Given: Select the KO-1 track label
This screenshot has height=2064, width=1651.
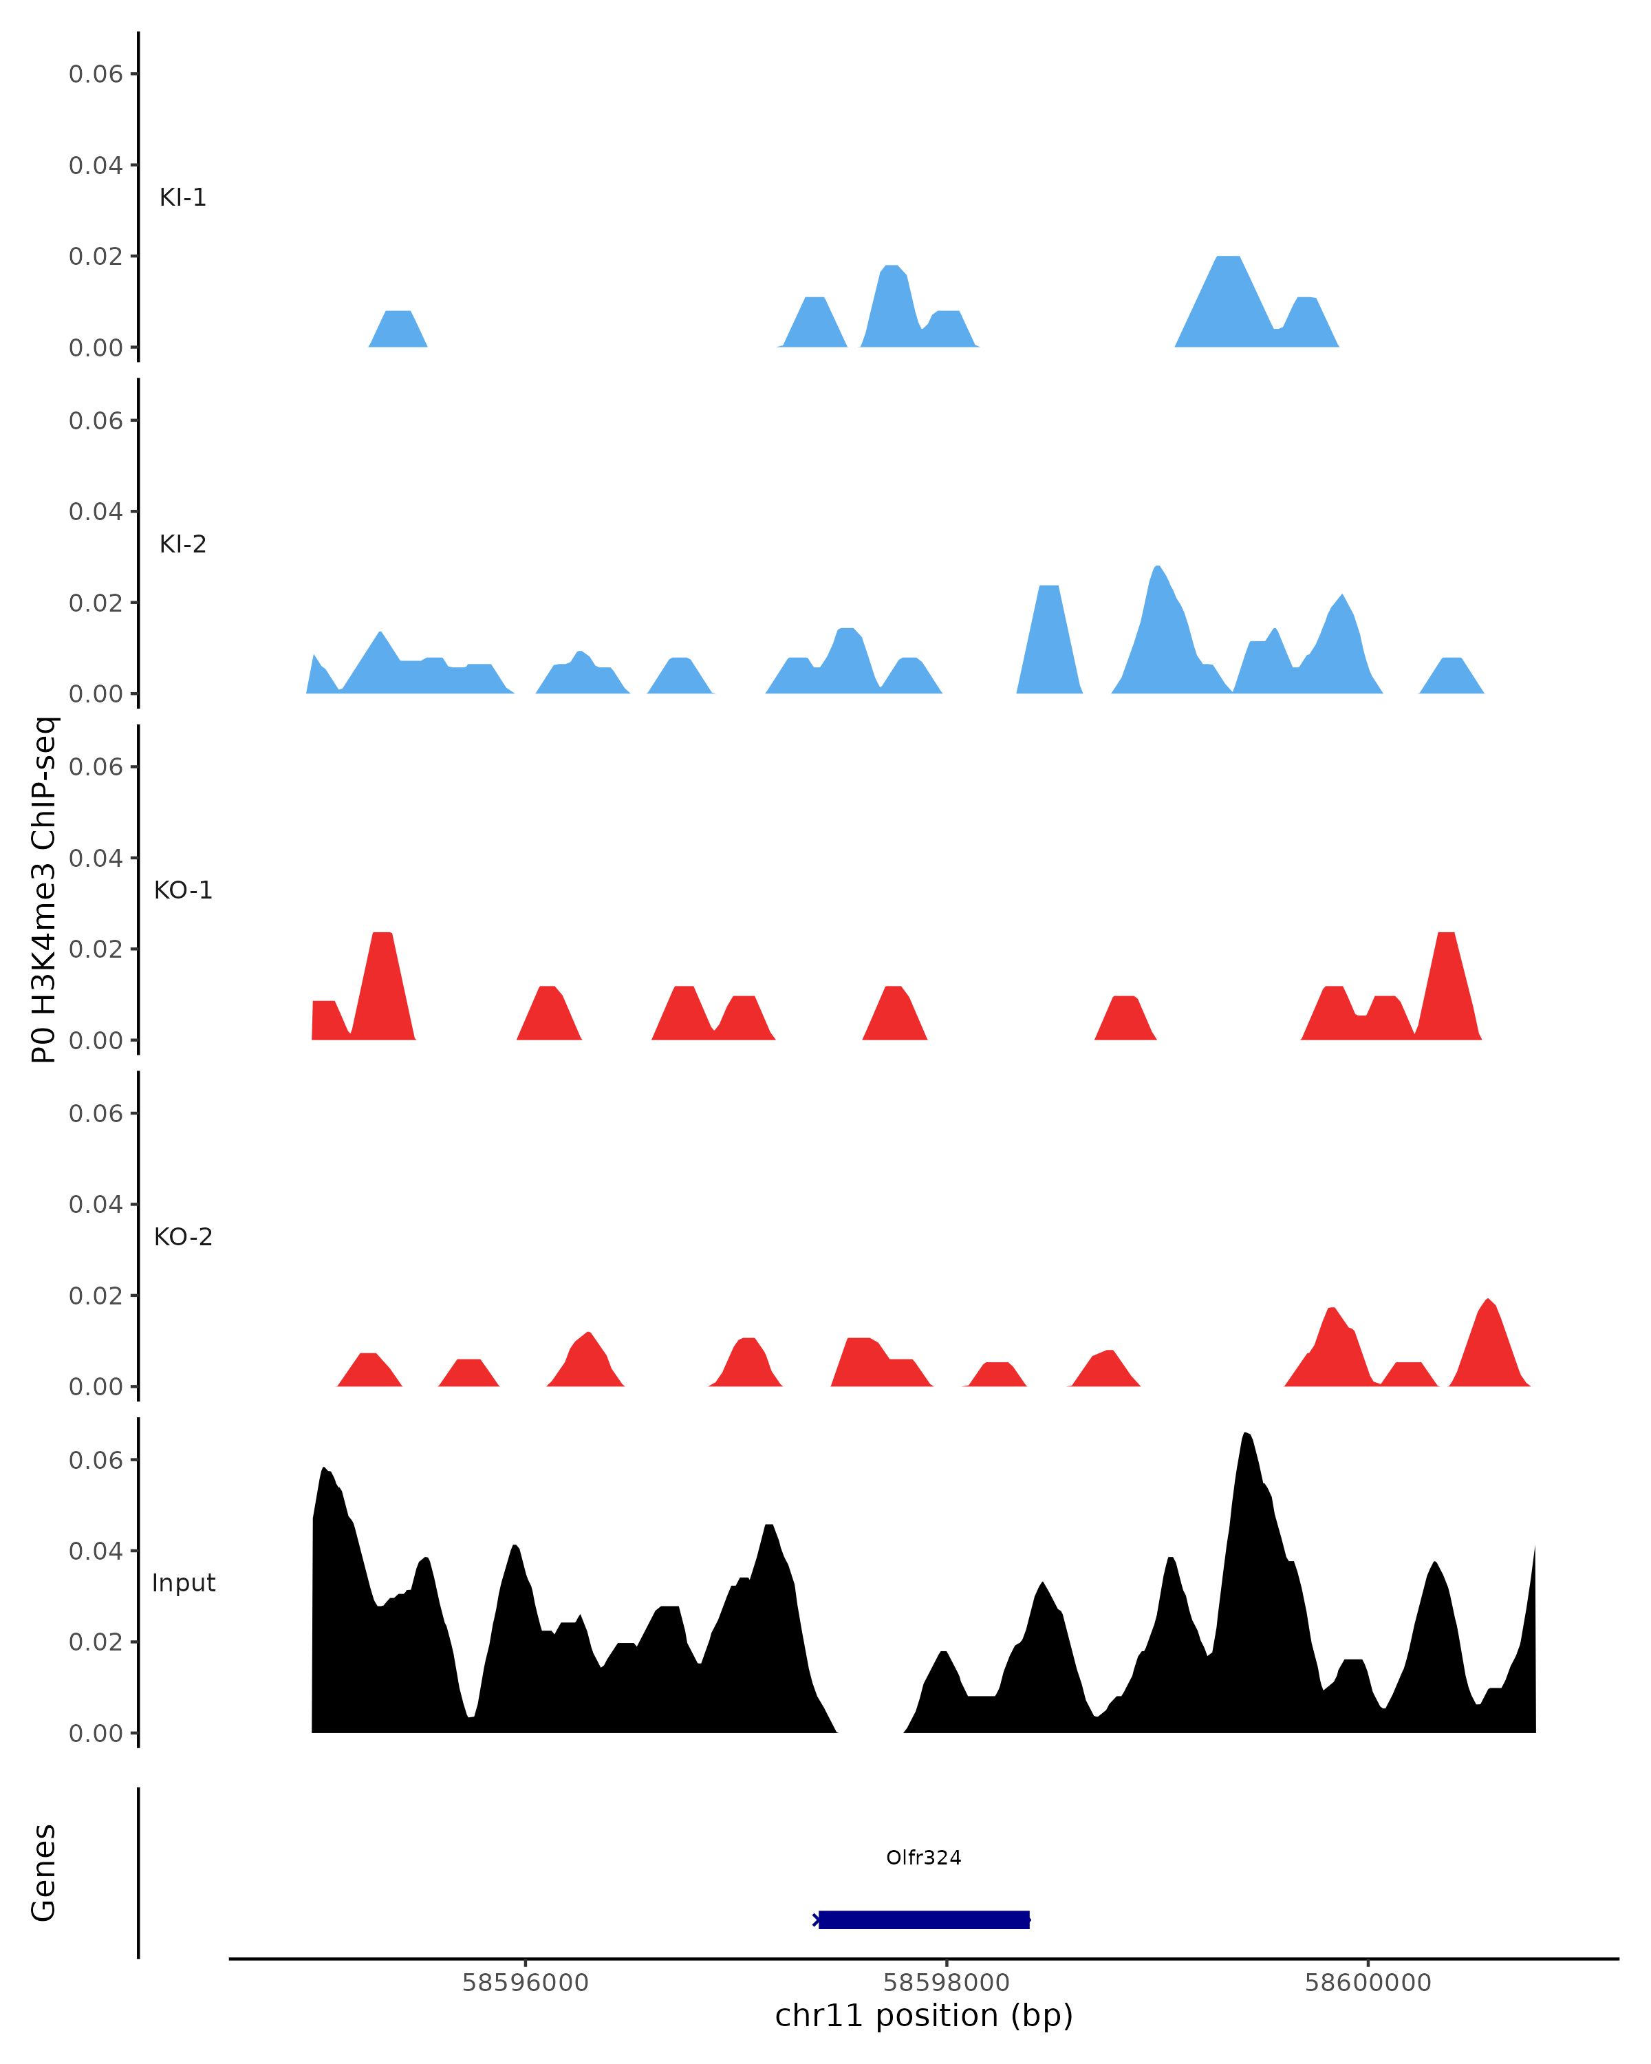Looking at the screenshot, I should (x=183, y=890).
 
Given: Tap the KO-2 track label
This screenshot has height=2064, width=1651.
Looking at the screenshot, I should (x=183, y=1237).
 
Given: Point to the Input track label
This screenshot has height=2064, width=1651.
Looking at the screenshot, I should (x=183, y=1583).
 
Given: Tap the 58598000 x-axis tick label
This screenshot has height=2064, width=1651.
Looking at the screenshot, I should (x=946, y=1983).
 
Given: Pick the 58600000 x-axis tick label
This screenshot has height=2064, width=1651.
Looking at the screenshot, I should (x=1367, y=1983).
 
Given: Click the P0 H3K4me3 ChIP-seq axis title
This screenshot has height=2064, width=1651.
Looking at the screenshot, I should (x=44, y=890).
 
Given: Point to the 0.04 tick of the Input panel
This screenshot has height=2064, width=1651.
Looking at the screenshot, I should (x=95, y=1551).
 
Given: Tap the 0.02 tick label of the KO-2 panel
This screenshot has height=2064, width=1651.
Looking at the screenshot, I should (x=95, y=1296).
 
